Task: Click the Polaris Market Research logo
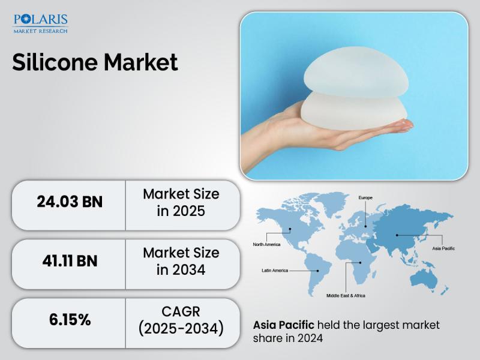tap(40, 23)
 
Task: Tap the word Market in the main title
tap(141, 62)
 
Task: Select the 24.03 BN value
tap(70, 202)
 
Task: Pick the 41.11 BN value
tap(70, 261)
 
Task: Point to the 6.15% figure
tap(70, 320)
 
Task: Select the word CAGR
tap(181, 311)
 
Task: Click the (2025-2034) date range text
tap(181, 328)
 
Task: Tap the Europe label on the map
tap(365, 198)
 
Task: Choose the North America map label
tap(266, 244)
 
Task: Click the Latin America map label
tap(275, 271)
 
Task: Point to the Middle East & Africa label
tap(346, 295)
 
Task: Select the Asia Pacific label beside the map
tap(443, 248)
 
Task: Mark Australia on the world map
tap(424, 280)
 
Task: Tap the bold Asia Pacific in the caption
tap(283, 325)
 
